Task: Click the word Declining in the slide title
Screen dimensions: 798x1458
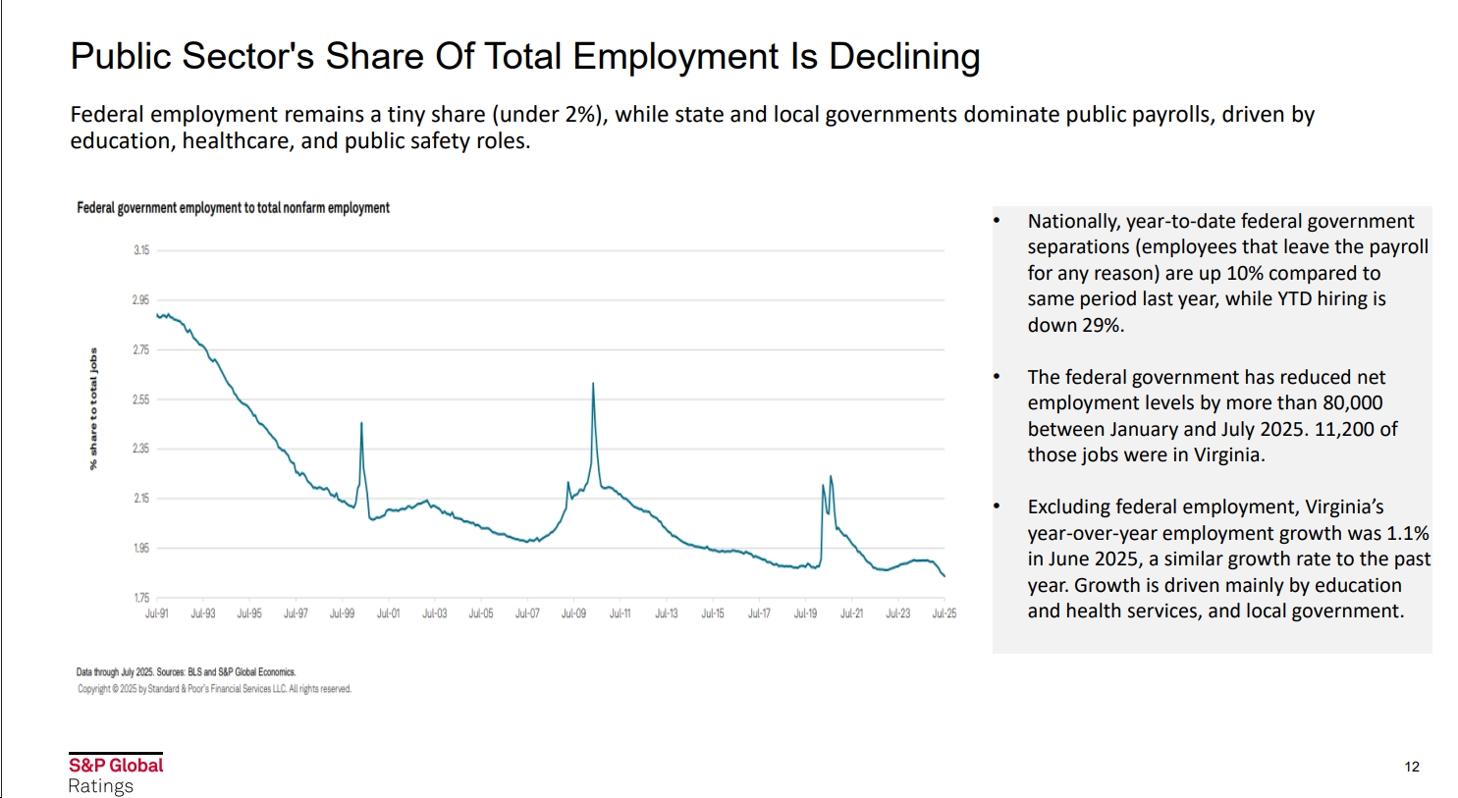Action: click(x=903, y=57)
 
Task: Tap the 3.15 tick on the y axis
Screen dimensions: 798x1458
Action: click(x=141, y=250)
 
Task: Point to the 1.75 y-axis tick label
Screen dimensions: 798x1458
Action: click(x=141, y=598)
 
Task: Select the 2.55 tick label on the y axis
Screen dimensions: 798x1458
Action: click(x=141, y=399)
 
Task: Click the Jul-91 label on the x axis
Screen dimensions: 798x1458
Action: click(x=157, y=613)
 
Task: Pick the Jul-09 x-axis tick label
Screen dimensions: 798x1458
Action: click(x=573, y=613)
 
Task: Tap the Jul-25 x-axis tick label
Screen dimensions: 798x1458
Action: click(x=944, y=613)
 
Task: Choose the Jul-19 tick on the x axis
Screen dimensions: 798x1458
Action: click(x=805, y=613)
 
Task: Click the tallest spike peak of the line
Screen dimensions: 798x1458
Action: click(x=593, y=384)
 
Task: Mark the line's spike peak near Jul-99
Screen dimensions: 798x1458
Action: click(x=361, y=423)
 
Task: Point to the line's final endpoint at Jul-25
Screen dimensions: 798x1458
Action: click(x=945, y=576)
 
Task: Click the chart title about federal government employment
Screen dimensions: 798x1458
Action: click(x=233, y=208)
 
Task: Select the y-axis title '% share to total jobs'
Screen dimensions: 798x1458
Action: click(x=94, y=408)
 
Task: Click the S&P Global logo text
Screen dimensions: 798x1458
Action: click(x=116, y=766)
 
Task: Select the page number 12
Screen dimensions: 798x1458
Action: click(x=1412, y=767)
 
